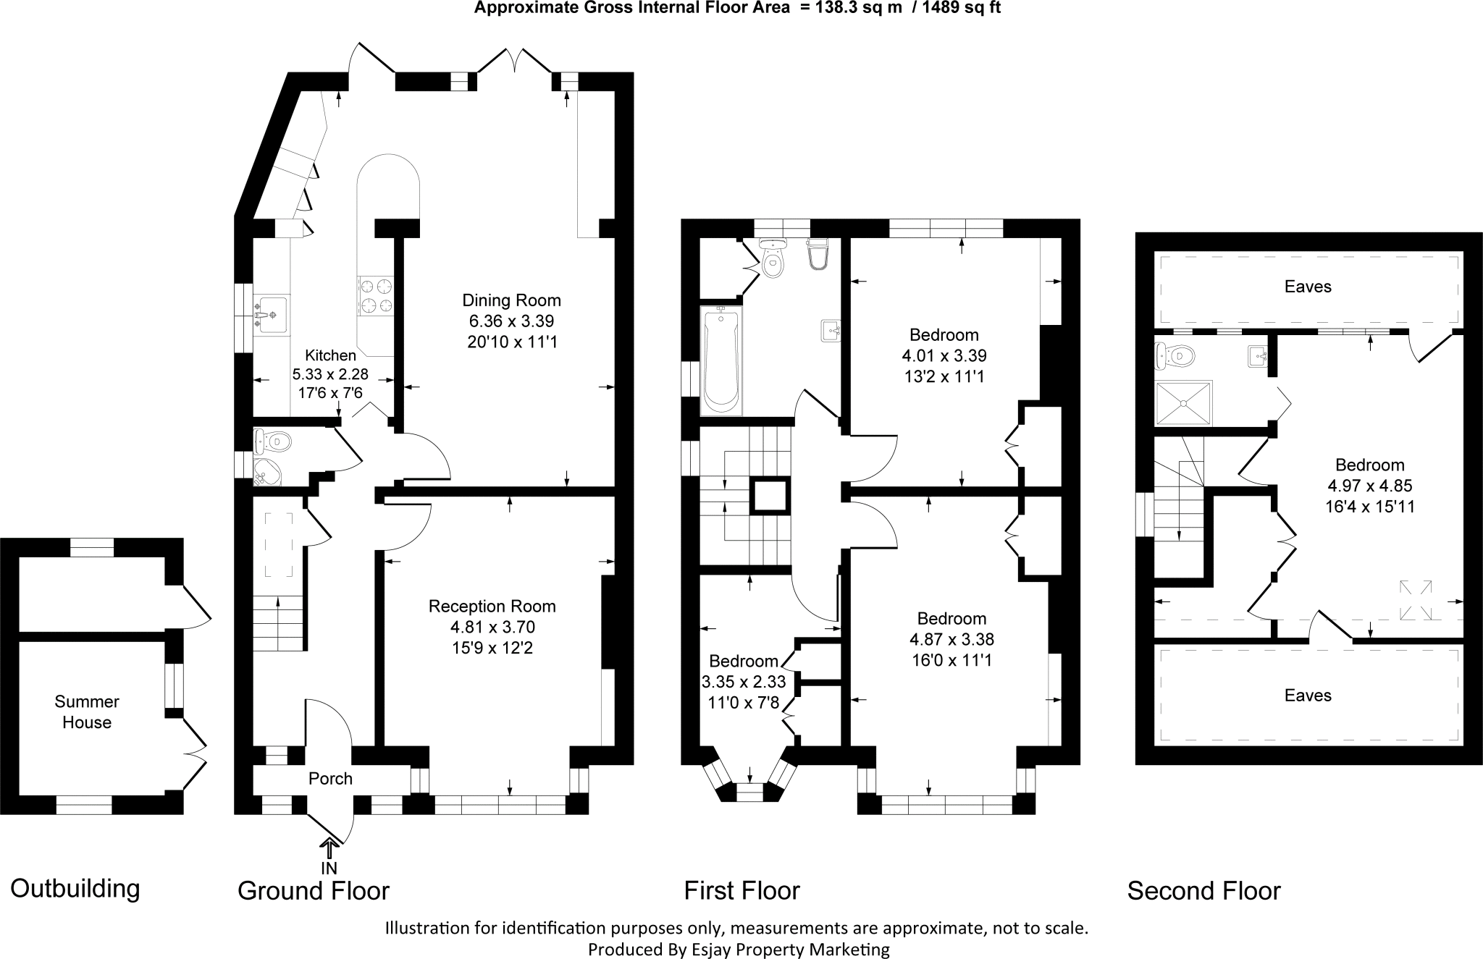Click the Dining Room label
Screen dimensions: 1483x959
coord(512,300)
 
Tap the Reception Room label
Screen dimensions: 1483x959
coord(492,607)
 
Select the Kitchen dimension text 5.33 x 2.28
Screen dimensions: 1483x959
coord(330,374)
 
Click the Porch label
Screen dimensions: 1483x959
coord(330,779)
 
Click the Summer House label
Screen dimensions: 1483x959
coord(87,711)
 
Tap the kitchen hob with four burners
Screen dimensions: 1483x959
coord(376,296)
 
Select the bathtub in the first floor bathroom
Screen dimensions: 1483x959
coord(720,359)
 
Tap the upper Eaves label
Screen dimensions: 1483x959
coord(1308,287)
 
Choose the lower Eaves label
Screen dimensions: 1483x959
coord(1308,696)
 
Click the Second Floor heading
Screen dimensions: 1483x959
coord(1203,890)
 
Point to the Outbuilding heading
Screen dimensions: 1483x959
coord(75,888)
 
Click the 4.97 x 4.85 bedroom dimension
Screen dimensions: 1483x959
coord(1369,486)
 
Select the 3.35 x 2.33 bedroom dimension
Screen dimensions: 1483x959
coord(744,682)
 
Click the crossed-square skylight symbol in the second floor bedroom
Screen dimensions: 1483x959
coord(1125,600)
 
